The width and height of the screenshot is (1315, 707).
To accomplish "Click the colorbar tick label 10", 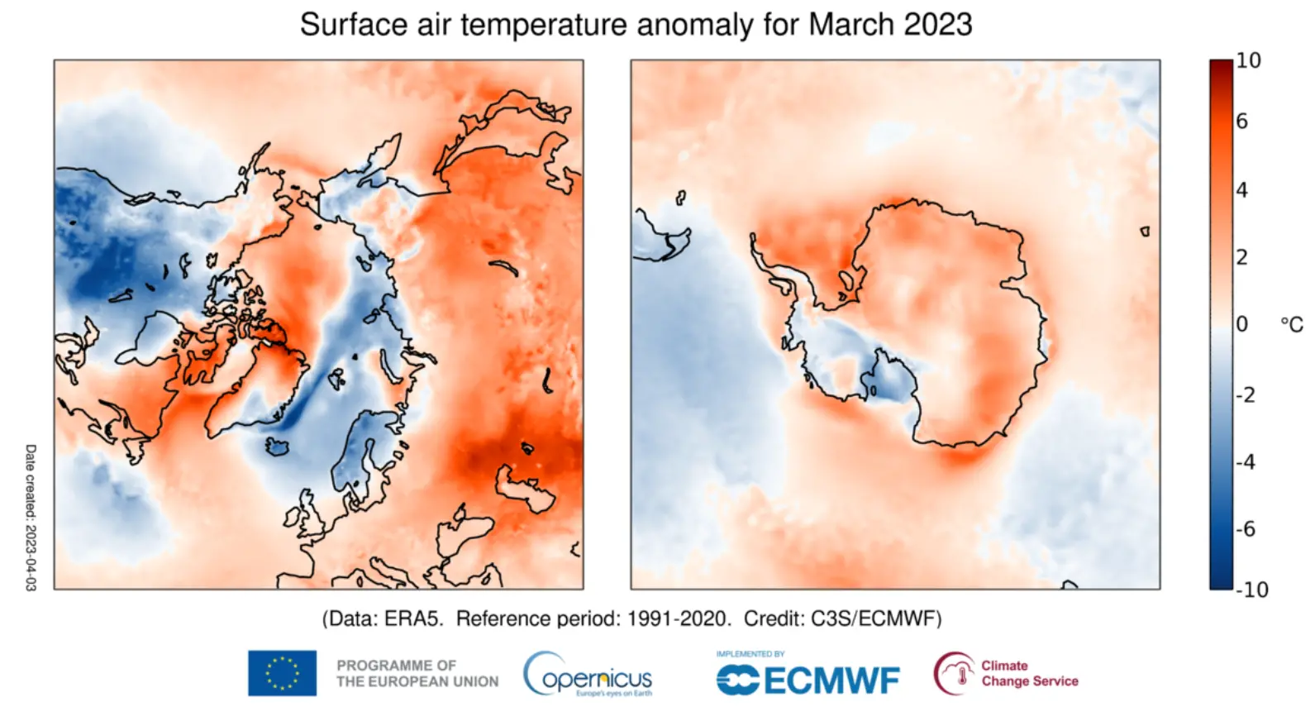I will click(x=1248, y=60).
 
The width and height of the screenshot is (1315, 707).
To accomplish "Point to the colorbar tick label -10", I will click(x=1251, y=590).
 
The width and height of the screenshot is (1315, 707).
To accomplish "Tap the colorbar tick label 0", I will click(x=1241, y=324).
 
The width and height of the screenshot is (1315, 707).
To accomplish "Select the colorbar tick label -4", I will click(x=1246, y=461).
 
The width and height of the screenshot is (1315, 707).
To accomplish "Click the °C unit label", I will click(x=1291, y=325).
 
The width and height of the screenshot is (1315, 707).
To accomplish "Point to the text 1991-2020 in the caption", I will click(x=679, y=619).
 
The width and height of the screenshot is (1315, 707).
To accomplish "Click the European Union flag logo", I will click(x=282, y=673).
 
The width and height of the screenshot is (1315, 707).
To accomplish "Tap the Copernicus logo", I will click(x=588, y=675).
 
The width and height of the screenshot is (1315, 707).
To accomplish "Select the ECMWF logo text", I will click(x=831, y=681).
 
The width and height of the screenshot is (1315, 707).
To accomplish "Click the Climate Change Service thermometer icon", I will click(x=954, y=673).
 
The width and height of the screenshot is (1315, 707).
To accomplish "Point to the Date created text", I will click(x=31, y=517).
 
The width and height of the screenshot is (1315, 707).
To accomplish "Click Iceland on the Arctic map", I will click(x=278, y=447).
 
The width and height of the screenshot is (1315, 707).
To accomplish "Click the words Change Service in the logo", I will click(x=1030, y=681).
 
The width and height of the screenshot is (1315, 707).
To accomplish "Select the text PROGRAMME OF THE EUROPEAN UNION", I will click(x=417, y=673).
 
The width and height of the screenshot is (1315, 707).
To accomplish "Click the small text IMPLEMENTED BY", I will click(x=750, y=654).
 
